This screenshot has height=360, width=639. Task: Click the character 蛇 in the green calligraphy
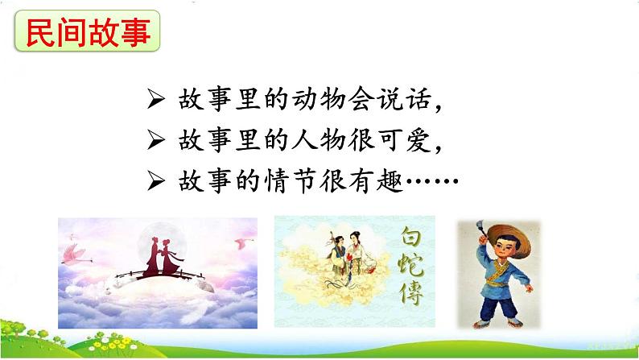pos(410,270)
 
